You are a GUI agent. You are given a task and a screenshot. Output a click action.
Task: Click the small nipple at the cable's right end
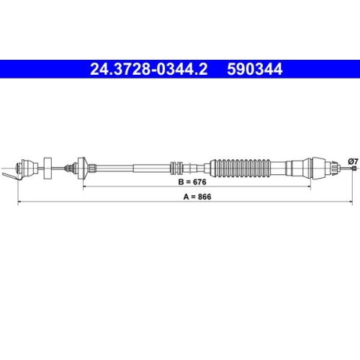(x=354, y=168)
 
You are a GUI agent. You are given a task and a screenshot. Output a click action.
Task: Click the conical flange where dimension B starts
(x=83, y=166)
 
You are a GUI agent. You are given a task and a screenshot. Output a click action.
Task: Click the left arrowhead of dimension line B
(x=86, y=187)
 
